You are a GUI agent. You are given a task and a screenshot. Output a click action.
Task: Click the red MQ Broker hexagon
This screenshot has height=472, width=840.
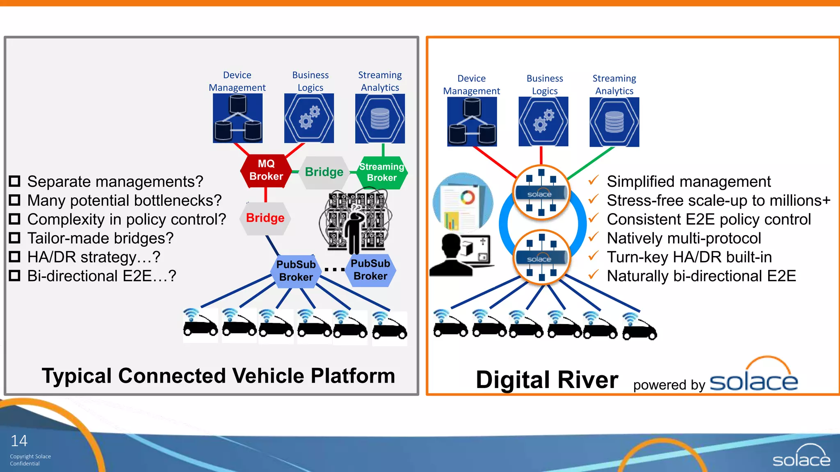(266, 170)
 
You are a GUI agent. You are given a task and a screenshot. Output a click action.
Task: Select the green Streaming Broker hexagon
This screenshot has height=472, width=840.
(381, 172)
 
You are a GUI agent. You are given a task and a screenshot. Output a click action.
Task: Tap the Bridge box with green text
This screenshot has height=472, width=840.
(324, 172)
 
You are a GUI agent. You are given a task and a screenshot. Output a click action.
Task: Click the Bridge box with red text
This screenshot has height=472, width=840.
(265, 218)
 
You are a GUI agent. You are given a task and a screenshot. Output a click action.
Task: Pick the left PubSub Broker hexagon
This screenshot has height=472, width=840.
(296, 271)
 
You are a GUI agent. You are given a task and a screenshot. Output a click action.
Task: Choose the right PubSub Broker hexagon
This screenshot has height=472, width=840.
(370, 270)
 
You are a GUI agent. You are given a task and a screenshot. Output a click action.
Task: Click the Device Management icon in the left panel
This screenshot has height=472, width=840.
(237, 118)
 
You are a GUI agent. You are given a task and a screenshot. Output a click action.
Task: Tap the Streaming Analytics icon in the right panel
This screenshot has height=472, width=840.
(614, 122)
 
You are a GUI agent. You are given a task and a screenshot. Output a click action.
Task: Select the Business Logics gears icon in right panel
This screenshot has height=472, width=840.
(543, 122)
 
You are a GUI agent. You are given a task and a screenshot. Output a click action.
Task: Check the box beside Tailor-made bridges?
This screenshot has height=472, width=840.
(15, 238)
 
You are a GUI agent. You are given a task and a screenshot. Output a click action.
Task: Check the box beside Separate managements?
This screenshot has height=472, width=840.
(15, 181)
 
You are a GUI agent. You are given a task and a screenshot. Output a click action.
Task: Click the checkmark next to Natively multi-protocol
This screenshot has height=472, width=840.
(593, 237)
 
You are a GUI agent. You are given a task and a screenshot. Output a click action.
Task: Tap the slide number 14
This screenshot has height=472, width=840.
(19, 441)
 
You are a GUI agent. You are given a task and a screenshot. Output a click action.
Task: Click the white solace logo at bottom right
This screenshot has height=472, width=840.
(801, 456)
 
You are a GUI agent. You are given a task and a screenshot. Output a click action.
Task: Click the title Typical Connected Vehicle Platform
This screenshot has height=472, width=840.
(218, 376)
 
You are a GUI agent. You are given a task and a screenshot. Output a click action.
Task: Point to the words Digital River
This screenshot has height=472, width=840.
(547, 380)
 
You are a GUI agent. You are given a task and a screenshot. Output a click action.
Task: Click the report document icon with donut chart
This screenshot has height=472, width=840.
(463, 202)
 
